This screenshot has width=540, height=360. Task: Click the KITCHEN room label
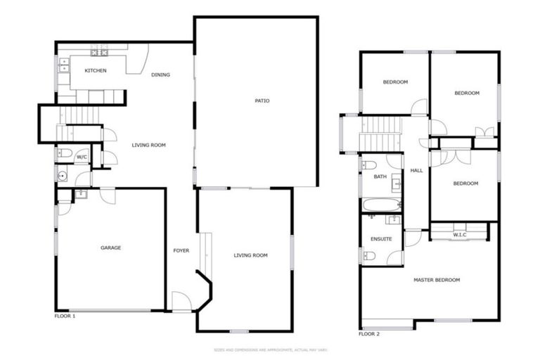coord(95,71)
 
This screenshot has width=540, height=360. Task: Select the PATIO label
coord(262,101)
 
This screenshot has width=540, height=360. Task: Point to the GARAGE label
coord(110,247)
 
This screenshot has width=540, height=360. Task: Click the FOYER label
coord(181,251)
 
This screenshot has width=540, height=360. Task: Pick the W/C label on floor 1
coord(82,156)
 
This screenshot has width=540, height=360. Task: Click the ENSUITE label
coord(381,240)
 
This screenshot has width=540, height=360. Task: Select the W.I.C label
coord(460,234)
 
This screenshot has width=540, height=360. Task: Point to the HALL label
coord(416,170)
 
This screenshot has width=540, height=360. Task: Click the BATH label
coord(380,176)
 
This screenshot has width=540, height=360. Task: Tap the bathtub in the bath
coord(380,205)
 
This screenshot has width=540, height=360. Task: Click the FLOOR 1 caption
coord(65,316)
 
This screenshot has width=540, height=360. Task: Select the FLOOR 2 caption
coord(368,333)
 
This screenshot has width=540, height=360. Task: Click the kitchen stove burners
coord(99,51)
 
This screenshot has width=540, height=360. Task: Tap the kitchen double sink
coord(63,65)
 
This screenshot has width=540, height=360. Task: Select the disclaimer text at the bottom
coord(270,349)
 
